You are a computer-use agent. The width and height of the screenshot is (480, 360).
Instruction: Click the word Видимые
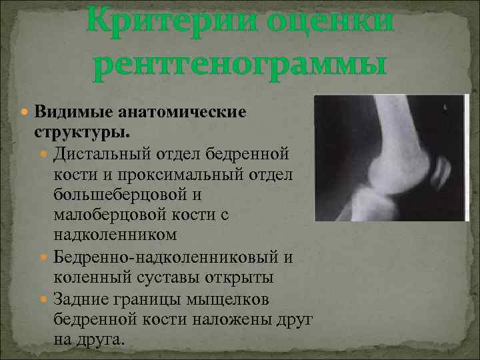pos(65,110)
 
